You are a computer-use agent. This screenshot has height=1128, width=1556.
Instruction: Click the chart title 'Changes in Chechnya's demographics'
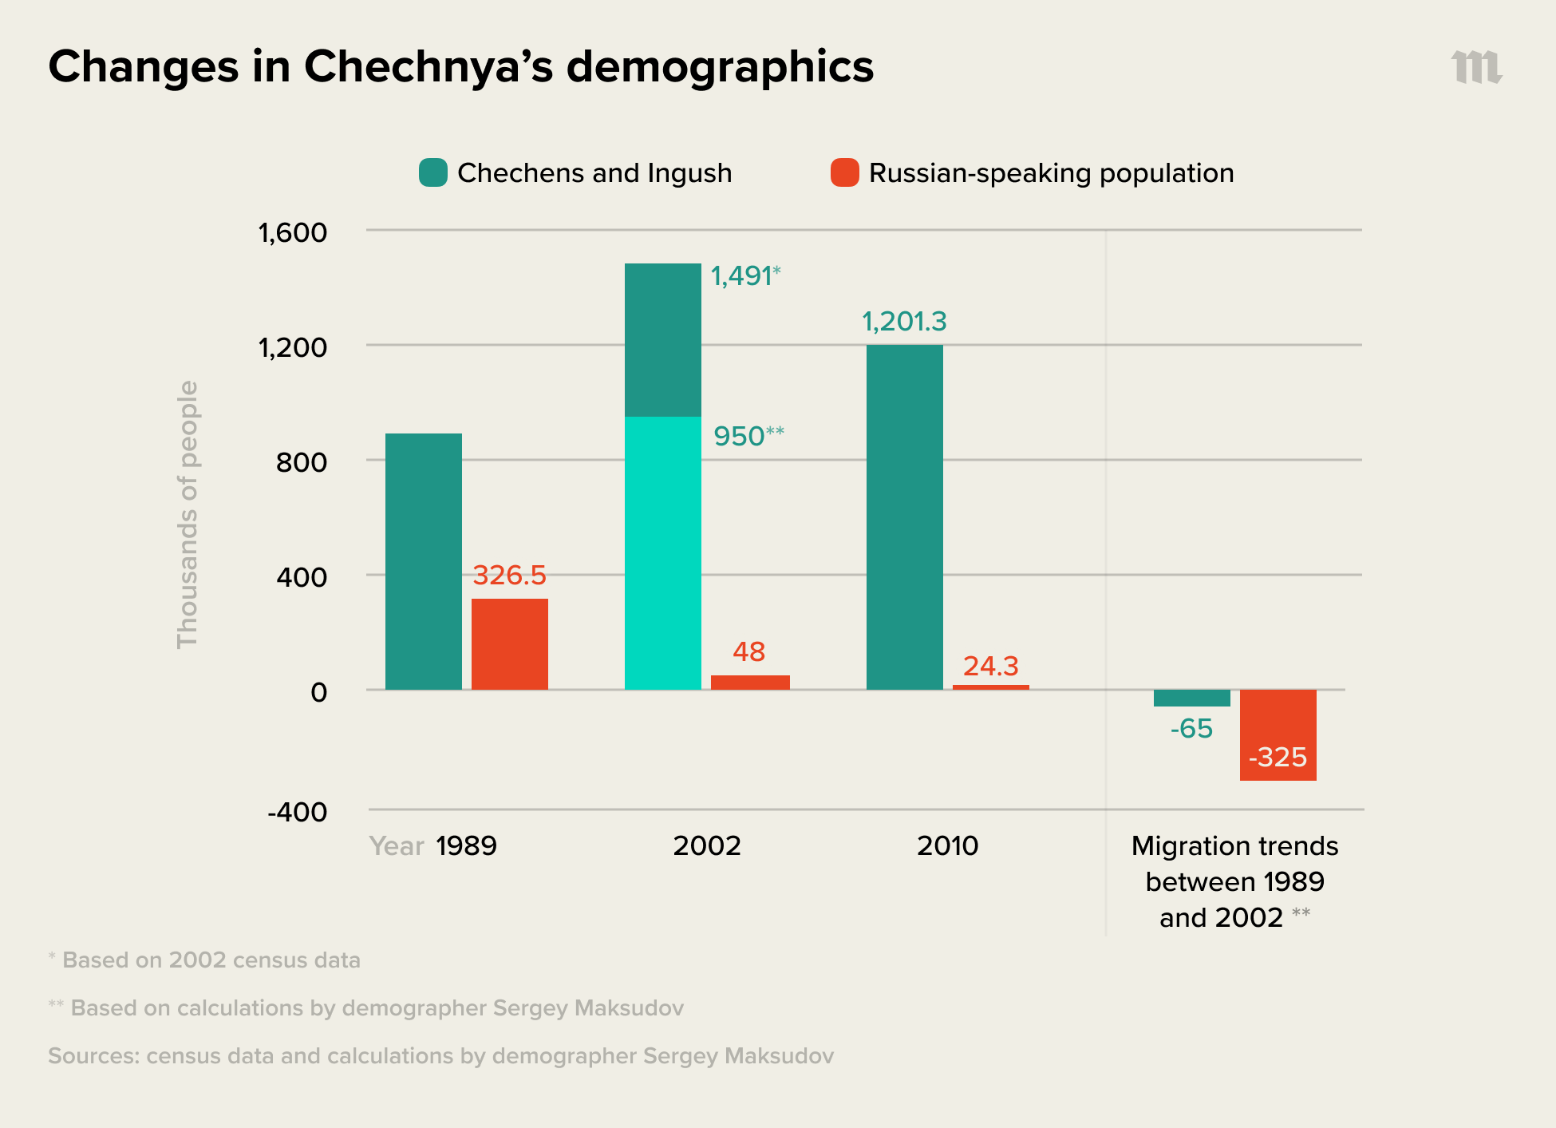tap(460, 66)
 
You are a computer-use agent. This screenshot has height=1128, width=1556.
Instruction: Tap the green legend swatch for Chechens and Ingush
tap(432, 172)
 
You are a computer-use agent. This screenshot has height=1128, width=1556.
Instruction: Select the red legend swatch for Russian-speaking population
tap(844, 172)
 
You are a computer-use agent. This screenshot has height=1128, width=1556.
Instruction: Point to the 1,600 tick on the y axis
tap(292, 232)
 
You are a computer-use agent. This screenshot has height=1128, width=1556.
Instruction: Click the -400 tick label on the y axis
tap(297, 812)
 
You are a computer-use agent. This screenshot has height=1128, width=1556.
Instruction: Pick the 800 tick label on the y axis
tap(301, 462)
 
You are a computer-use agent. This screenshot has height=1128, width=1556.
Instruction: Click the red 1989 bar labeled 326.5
tap(509, 643)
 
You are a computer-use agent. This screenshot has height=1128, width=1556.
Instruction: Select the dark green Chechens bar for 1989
tap(423, 561)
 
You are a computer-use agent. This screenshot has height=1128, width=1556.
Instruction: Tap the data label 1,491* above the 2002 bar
tap(744, 276)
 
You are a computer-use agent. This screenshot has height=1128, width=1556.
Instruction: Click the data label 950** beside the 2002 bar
tap(748, 437)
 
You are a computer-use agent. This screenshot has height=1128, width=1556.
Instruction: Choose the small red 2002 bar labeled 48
tap(749, 682)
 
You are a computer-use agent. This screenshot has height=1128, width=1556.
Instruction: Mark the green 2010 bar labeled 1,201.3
tap(904, 517)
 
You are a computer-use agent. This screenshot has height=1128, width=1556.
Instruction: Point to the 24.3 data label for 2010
tap(990, 666)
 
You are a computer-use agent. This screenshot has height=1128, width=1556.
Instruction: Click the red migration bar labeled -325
tap(1278, 734)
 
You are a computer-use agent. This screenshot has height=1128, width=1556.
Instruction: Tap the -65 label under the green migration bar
tap(1191, 729)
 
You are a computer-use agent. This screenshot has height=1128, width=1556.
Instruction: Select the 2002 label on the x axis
tap(706, 845)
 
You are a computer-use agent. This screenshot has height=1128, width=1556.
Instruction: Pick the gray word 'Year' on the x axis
tap(396, 845)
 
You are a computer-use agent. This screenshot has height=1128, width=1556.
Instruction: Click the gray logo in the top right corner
tap(1476, 67)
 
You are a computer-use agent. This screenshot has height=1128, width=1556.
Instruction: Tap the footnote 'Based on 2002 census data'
tap(211, 960)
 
